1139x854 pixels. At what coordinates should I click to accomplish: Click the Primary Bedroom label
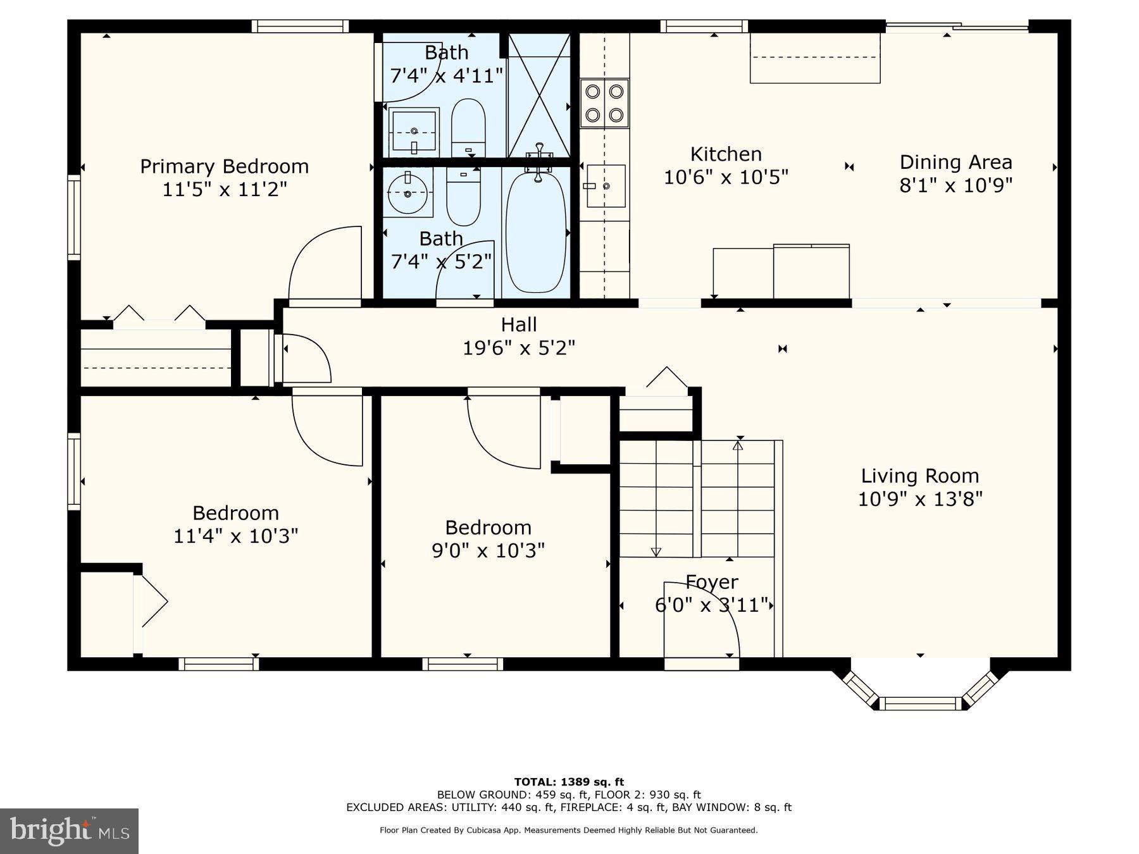pos(224,166)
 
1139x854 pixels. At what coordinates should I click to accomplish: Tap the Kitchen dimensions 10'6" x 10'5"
pos(726,177)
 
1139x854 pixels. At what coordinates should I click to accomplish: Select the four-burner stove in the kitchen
pos(604,103)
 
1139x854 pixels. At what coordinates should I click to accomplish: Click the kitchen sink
pos(606,186)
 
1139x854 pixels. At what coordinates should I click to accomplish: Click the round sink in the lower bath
pos(408,192)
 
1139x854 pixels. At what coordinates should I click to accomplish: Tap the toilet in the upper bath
pos(468,127)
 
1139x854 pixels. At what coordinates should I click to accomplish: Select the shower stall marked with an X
pos(539,95)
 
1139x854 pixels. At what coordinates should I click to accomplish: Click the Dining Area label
pos(955,162)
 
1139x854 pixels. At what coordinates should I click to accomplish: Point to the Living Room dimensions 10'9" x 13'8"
pos(919,499)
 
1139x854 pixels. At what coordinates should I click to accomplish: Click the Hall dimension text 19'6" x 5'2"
pos(519,348)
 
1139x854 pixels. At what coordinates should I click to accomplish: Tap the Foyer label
pos(712,582)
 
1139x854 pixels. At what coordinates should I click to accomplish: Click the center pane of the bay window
pos(921,703)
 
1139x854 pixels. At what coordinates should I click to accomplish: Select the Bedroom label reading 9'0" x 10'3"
pos(488,528)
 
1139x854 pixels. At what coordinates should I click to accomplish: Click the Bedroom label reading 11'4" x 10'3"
pos(235,513)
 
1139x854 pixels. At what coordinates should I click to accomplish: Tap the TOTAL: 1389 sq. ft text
pos(569,782)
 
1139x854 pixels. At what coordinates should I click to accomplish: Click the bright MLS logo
pos(69,831)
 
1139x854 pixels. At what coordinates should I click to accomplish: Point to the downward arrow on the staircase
pos(656,552)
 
